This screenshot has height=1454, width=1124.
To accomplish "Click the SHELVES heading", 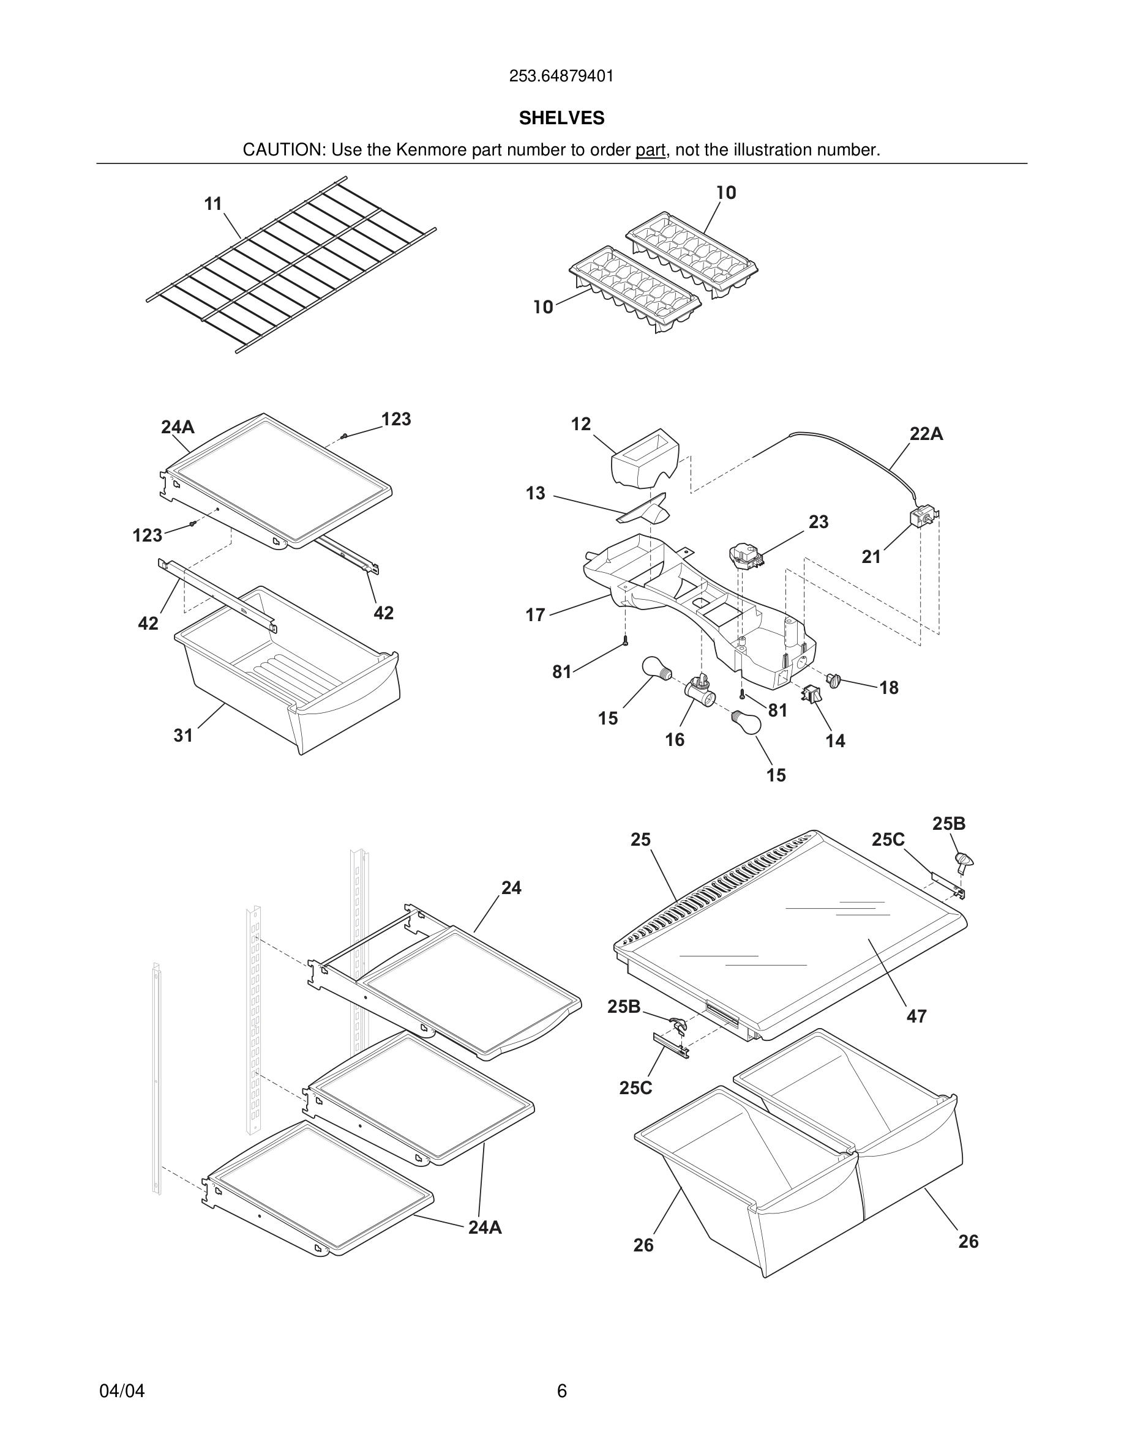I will point(561,118).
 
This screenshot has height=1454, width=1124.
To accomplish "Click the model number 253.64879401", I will point(561,76).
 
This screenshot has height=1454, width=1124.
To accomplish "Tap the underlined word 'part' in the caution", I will point(650,151).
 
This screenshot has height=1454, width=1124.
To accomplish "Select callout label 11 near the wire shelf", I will point(213,204).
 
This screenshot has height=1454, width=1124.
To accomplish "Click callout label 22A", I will point(926,434).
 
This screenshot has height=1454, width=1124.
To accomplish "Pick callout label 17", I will point(535,614).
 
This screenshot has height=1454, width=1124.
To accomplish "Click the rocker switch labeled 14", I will point(811,695).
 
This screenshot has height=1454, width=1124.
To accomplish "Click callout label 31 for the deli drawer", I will point(183,735).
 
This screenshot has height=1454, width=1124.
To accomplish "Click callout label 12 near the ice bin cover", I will point(580,424).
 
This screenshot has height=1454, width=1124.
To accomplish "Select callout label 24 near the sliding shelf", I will point(511,887).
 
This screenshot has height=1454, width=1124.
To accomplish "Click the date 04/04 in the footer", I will point(122,1391).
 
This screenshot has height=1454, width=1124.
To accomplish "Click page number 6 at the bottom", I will point(561,1391).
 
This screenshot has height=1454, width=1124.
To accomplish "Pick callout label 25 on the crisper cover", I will point(640,840).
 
